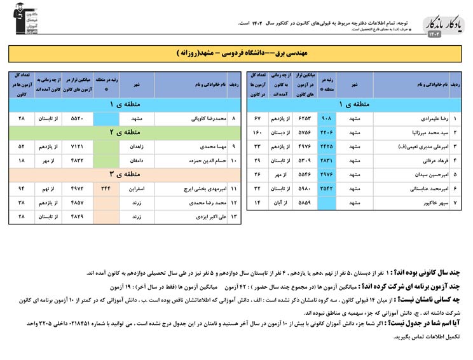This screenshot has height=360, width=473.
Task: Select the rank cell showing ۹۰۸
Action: coord(327,119)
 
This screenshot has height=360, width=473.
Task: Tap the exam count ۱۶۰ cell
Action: coord(257,133)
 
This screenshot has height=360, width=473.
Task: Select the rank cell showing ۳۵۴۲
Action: coord(327,189)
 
